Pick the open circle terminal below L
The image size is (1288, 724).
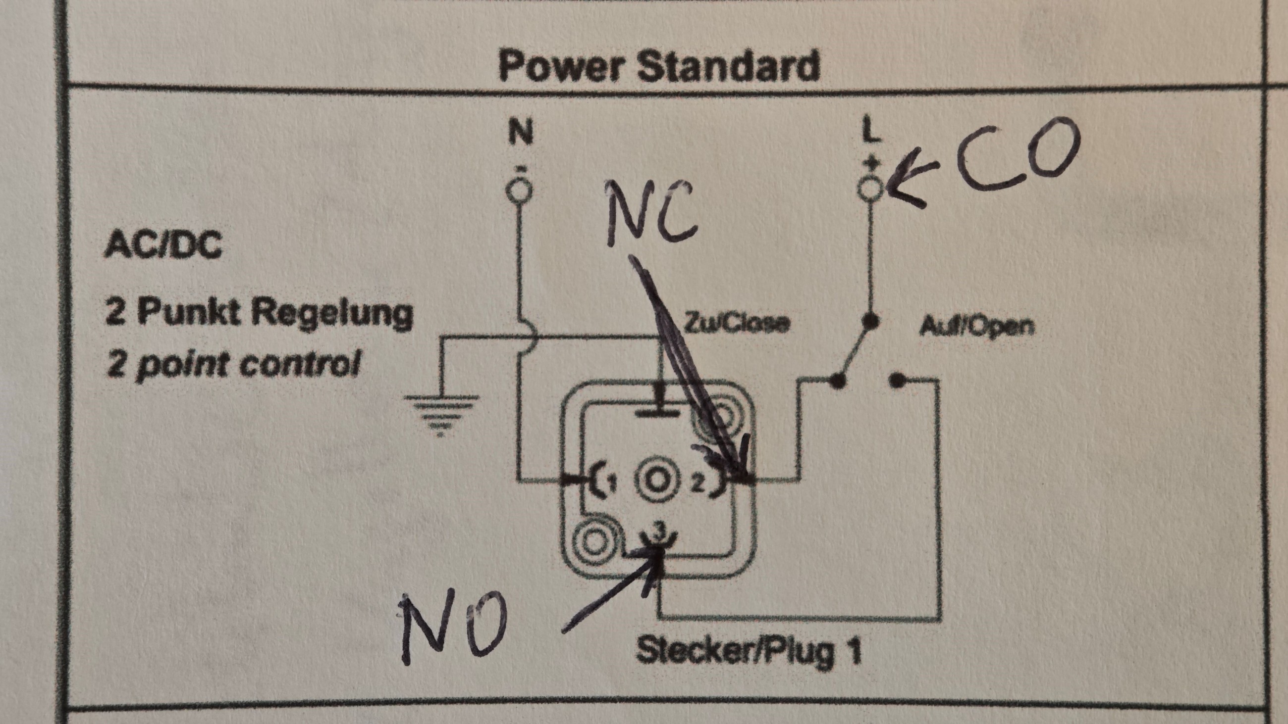point(871,189)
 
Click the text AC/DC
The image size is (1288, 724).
point(162,246)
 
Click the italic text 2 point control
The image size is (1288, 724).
point(233,364)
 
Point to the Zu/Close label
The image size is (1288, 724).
point(736,323)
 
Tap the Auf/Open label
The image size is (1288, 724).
point(976,326)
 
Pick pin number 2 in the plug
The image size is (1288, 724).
point(698,483)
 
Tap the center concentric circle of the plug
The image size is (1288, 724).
point(656,481)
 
